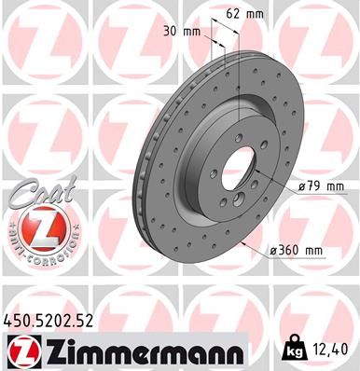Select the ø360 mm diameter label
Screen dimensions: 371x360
pos(294,250)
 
